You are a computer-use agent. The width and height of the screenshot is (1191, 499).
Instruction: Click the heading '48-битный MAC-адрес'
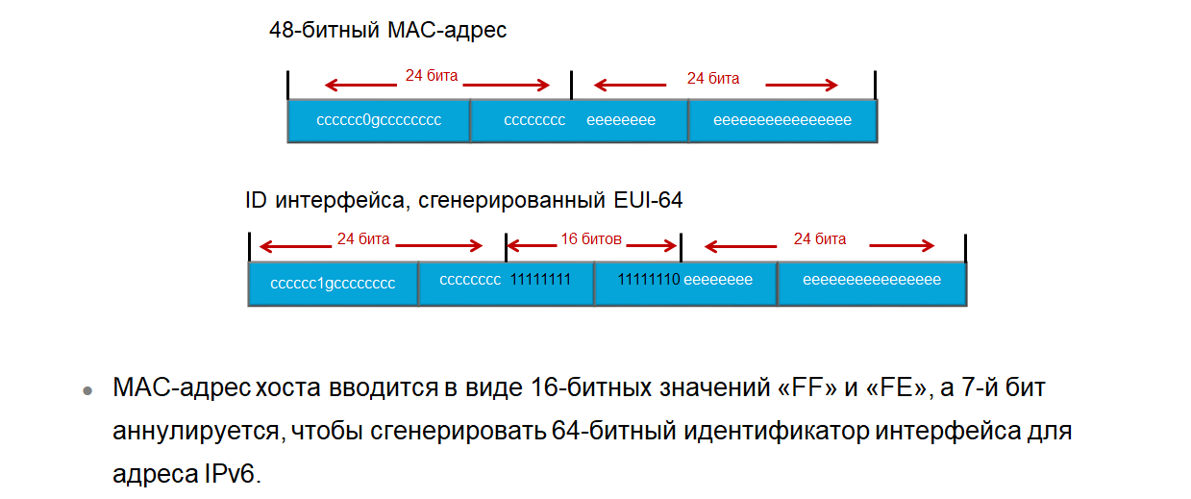(387, 31)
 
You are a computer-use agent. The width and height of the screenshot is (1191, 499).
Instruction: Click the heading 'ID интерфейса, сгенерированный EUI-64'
(463, 201)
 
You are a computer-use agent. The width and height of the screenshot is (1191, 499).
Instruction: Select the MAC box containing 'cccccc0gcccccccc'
(378, 121)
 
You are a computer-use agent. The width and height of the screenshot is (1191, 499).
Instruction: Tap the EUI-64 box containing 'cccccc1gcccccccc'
(333, 284)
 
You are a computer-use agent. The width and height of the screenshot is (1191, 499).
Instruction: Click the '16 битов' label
(591, 237)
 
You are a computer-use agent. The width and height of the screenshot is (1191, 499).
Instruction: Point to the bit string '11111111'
(540, 280)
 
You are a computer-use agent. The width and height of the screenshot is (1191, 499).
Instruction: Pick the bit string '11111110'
(648, 280)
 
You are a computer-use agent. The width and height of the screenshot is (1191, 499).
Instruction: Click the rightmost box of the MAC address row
(782, 121)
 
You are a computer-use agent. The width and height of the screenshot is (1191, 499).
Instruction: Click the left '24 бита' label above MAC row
(431, 75)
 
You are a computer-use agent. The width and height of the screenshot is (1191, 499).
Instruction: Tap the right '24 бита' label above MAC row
(712, 79)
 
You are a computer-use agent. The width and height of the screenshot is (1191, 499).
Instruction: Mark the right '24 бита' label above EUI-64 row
(819, 238)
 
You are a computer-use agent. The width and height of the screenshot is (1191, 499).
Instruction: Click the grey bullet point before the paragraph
(87, 391)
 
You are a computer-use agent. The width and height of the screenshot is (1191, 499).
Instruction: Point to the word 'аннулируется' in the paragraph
(196, 432)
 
